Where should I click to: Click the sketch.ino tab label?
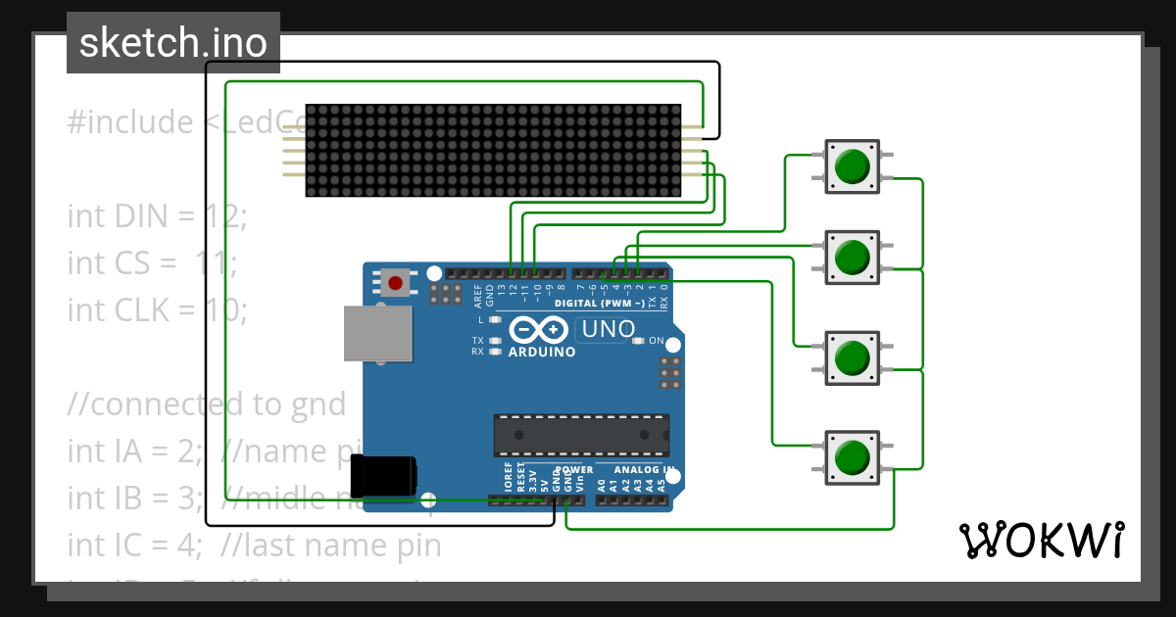coord(172,43)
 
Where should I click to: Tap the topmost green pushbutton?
coord(852,166)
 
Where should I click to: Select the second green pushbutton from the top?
coord(852,258)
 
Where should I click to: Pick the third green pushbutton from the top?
coord(852,357)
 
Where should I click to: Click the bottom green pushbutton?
coord(852,457)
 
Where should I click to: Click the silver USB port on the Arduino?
coord(377,333)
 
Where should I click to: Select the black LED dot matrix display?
coord(494,150)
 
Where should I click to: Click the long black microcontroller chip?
coord(581,435)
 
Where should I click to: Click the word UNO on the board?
coord(608,330)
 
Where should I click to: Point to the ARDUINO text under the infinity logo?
coord(542,352)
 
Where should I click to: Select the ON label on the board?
coord(657,342)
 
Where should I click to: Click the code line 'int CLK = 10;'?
coord(157,309)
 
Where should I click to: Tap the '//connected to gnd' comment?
coord(206,403)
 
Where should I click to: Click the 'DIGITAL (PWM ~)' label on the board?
coord(600,304)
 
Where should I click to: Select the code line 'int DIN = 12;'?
coord(157,215)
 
